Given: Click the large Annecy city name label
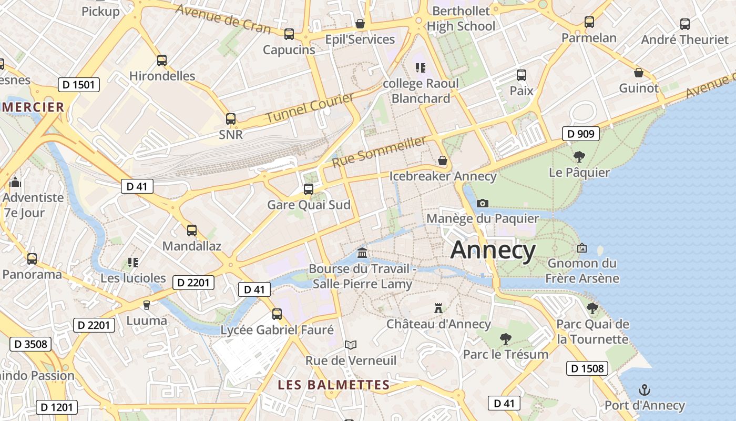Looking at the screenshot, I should click(493, 250).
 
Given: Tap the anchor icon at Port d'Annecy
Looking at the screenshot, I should click(644, 390).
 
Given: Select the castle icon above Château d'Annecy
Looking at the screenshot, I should click(438, 308).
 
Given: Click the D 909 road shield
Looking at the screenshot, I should click(581, 134).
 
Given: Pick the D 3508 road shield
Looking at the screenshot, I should click(30, 345).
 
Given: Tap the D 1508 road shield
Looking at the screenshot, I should click(587, 368).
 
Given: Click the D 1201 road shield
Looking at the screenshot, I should click(57, 407).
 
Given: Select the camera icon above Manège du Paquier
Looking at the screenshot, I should click(482, 203).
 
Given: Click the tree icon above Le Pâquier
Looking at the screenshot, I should click(579, 156).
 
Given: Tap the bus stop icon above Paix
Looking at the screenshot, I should click(521, 75).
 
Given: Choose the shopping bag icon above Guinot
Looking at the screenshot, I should click(639, 73).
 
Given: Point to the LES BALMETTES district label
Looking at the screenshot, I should click(334, 385).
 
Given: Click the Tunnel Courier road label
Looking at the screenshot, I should click(310, 108).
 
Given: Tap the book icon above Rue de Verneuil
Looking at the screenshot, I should click(351, 345).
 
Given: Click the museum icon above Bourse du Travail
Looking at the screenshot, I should click(362, 254).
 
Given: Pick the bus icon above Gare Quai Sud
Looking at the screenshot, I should click(309, 189).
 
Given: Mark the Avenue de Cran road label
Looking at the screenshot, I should click(223, 18).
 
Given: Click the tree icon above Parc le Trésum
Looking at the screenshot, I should click(505, 338).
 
